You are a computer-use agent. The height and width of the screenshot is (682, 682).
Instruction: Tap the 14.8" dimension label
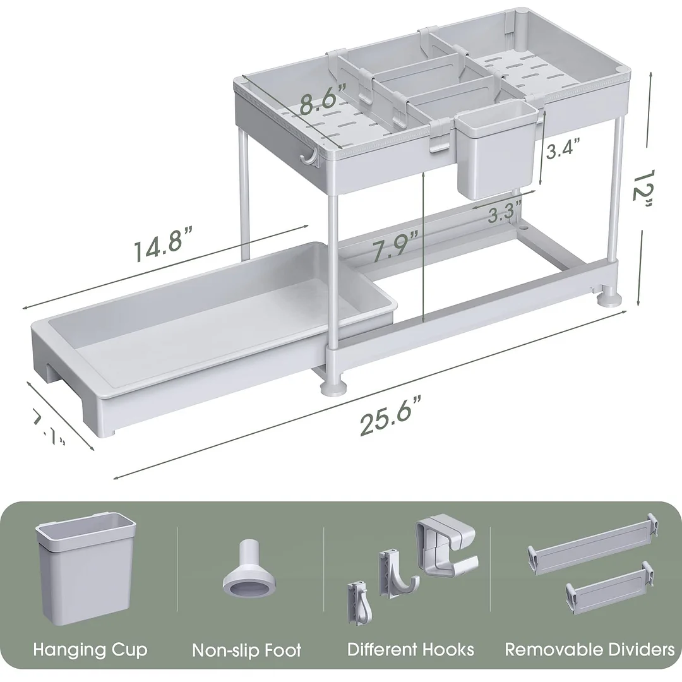tap(162, 248)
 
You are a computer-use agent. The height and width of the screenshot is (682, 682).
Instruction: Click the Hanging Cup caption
tap(90, 649)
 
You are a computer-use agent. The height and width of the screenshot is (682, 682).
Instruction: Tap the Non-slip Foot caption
tap(247, 650)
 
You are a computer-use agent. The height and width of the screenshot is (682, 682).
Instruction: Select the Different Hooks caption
tap(410, 649)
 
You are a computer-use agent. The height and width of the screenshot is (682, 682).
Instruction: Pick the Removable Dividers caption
tap(590, 649)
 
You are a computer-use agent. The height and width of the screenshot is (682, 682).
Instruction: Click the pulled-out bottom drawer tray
tap(208, 335)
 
